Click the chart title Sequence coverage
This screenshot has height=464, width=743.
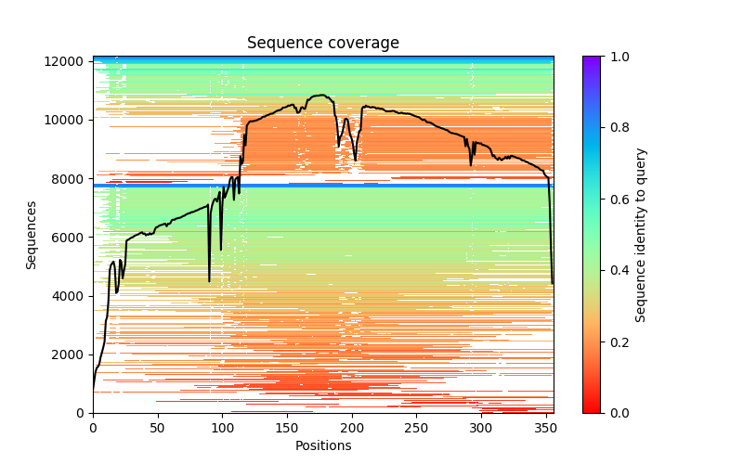tap(323, 44)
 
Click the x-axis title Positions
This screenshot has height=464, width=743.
tap(323, 445)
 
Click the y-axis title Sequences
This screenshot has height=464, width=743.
tap(32, 235)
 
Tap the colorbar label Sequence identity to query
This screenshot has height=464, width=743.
tap(641, 235)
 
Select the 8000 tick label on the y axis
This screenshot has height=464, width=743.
tap(72, 178)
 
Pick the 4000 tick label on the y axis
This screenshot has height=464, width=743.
tap(72, 296)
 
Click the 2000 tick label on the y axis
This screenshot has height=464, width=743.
tap(72, 354)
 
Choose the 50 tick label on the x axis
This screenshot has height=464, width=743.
tap(158, 428)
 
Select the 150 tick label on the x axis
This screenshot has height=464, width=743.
tap(287, 428)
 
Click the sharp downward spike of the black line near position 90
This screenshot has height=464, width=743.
tap(209, 279)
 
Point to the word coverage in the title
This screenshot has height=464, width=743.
tap(368, 44)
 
